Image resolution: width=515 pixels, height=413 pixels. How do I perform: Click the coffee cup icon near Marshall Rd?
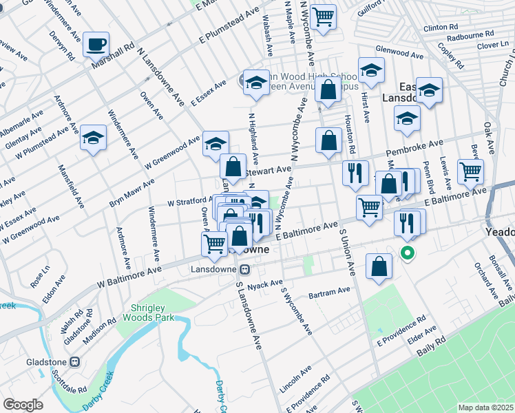click(96, 45)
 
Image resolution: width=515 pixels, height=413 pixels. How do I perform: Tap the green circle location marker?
click(408, 253)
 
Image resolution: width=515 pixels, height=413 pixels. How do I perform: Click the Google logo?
click(23, 405)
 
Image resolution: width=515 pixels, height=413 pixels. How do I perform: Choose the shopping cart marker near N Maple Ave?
click(323, 17)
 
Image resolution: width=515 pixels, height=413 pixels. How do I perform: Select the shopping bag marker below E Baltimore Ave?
click(379, 266)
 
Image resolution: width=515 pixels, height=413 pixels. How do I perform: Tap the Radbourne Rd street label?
click(470, 34)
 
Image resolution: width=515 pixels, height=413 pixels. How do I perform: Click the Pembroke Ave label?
click(418, 147)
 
